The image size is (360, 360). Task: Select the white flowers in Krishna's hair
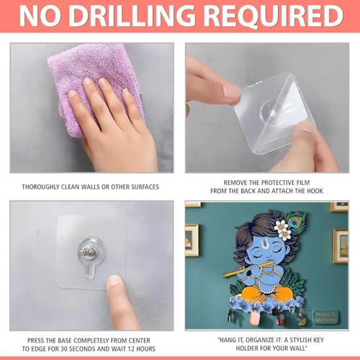point(283,230)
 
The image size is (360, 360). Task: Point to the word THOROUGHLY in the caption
point(40,186)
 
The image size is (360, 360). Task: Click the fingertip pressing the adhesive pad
point(114,282)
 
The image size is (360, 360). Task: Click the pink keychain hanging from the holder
point(254,318)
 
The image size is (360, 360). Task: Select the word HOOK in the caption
point(315,191)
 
